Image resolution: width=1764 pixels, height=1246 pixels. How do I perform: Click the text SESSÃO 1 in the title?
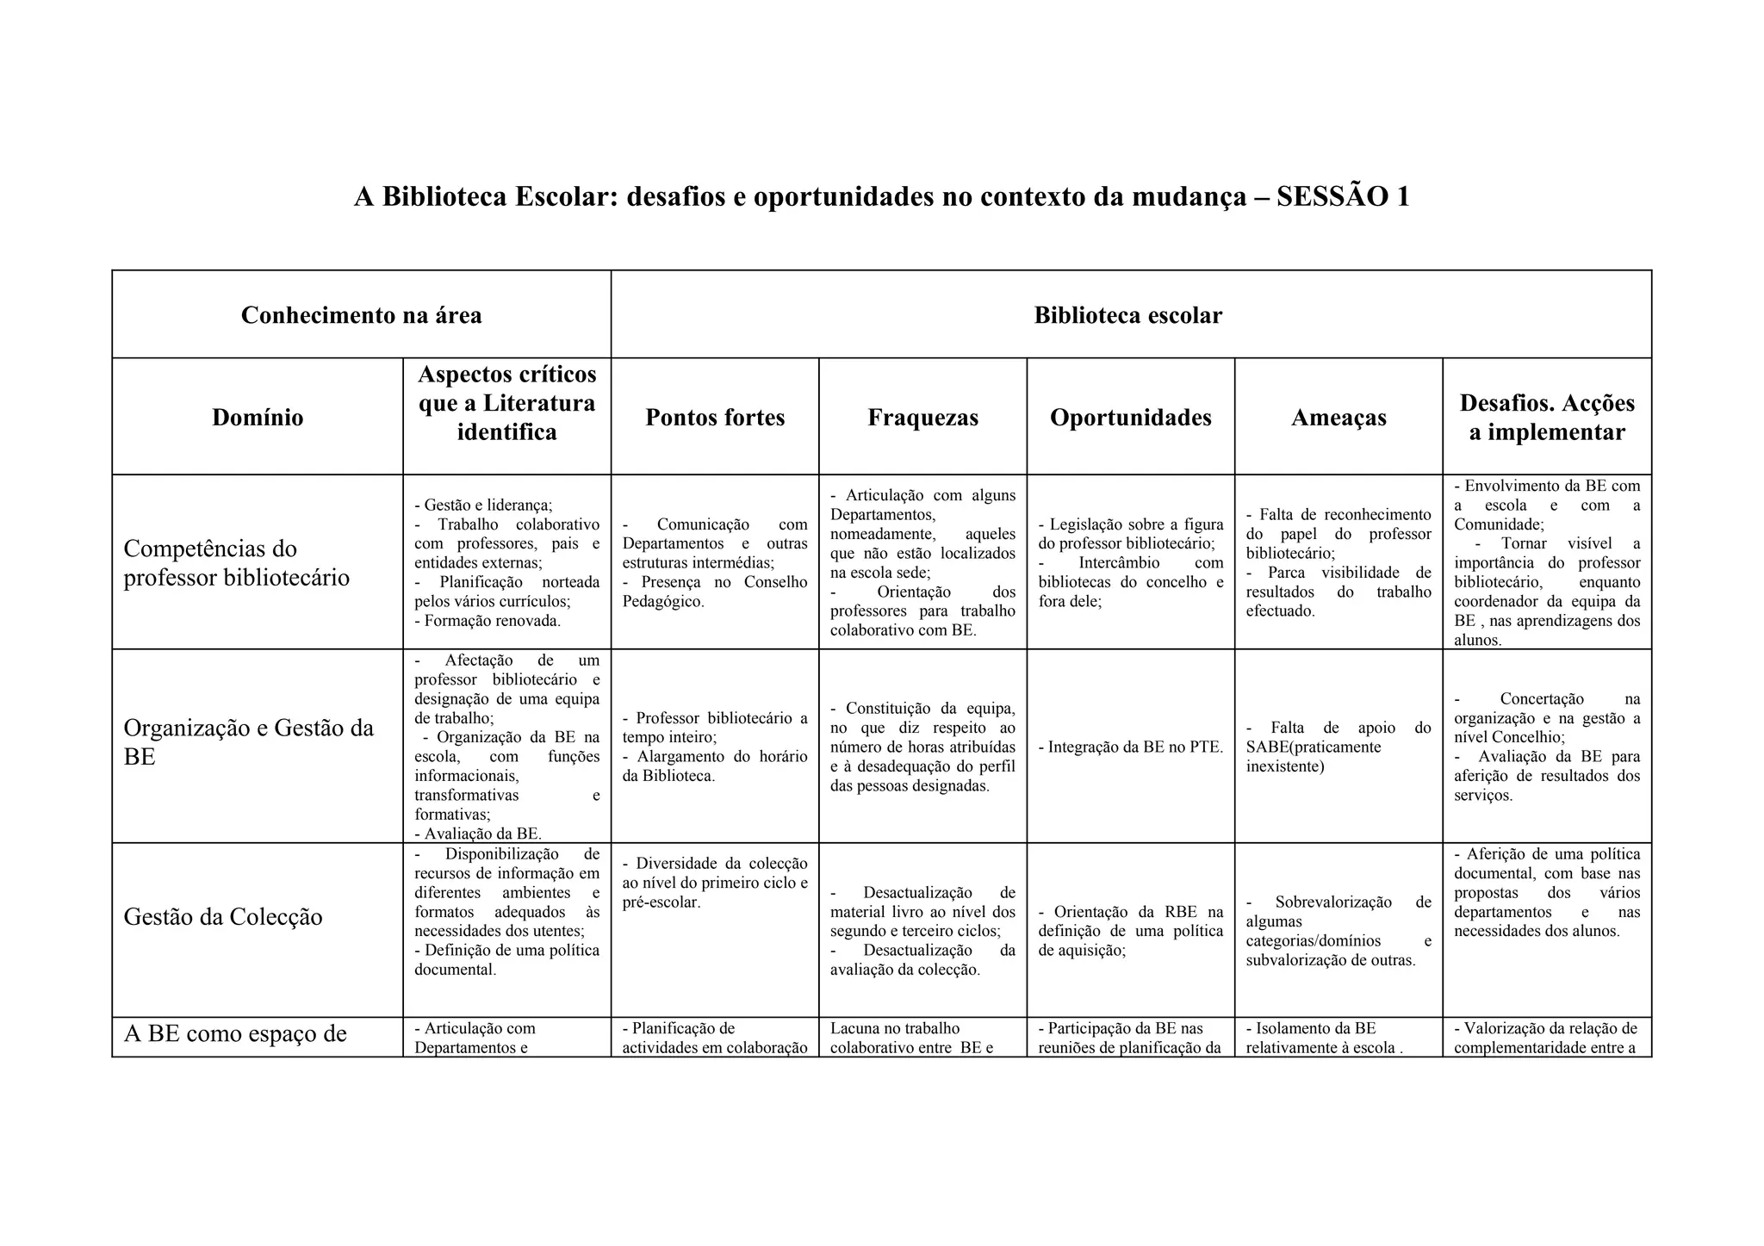(1343, 197)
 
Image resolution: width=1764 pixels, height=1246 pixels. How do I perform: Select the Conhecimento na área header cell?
(361, 315)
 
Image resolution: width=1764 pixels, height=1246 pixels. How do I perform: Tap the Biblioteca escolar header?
(1127, 315)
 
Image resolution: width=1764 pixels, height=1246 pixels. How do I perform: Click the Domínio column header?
(258, 418)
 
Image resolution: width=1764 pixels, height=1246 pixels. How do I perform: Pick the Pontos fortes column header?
(715, 418)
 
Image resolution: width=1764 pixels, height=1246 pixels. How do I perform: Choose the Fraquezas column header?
(922, 418)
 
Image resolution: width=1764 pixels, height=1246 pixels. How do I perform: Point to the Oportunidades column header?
(1130, 418)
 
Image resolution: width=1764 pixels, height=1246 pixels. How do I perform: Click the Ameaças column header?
(1339, 418)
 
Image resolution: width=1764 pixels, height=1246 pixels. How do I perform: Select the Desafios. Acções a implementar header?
(1547, 417)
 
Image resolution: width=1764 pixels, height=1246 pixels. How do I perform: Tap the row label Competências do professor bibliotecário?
(237, 562)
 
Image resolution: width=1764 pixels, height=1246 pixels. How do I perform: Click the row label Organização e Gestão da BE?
(248, 741)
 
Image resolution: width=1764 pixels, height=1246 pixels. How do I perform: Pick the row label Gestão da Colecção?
(223, 916)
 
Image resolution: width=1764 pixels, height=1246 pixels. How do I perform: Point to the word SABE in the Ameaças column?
(1267, 747)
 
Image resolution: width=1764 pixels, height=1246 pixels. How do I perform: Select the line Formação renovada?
(492, 621)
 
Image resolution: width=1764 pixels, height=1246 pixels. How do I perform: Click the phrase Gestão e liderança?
(488, 505)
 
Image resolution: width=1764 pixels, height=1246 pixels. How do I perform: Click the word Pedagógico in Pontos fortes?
(662, 601)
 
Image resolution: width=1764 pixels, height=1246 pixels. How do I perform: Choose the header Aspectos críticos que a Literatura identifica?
(506, 403)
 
